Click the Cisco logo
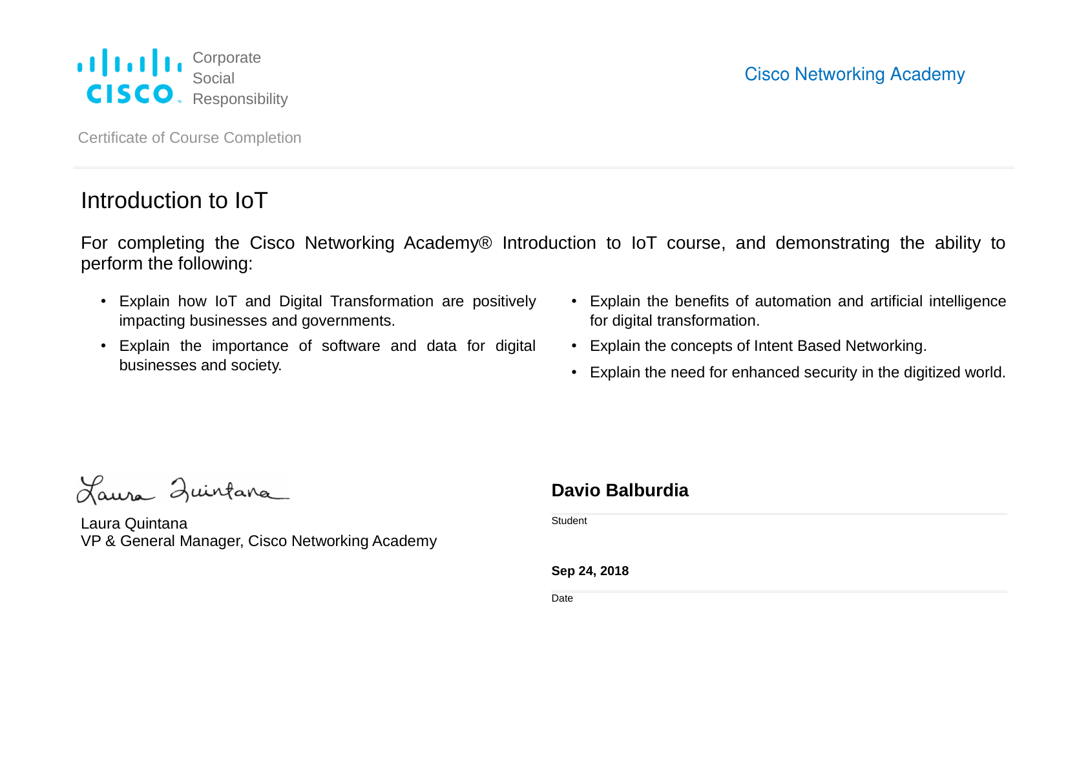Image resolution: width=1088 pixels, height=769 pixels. point(129,76)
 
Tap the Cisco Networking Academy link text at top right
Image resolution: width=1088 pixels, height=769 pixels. point(854,74)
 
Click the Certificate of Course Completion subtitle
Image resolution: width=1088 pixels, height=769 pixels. point(189,138)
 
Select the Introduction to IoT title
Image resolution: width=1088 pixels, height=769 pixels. point(174,200)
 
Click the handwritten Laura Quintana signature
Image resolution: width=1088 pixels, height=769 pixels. point(183,490)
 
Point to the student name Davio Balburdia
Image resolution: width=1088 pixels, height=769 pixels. point(620,490)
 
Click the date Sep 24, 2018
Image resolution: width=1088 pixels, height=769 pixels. point(589,571)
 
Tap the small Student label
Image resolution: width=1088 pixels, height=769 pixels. point(569,521)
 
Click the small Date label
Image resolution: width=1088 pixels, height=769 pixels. point(561,598)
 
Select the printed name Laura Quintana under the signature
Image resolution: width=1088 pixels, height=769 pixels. point(134,523)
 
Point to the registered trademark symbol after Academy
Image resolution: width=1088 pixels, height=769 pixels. point(485,243)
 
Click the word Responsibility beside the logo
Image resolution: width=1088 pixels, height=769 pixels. point(240,99)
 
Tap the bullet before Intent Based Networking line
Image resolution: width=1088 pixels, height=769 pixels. point(574,346)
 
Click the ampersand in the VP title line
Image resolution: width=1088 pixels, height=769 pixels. point(110,541)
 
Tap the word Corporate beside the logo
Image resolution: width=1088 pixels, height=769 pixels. point(226,58)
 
